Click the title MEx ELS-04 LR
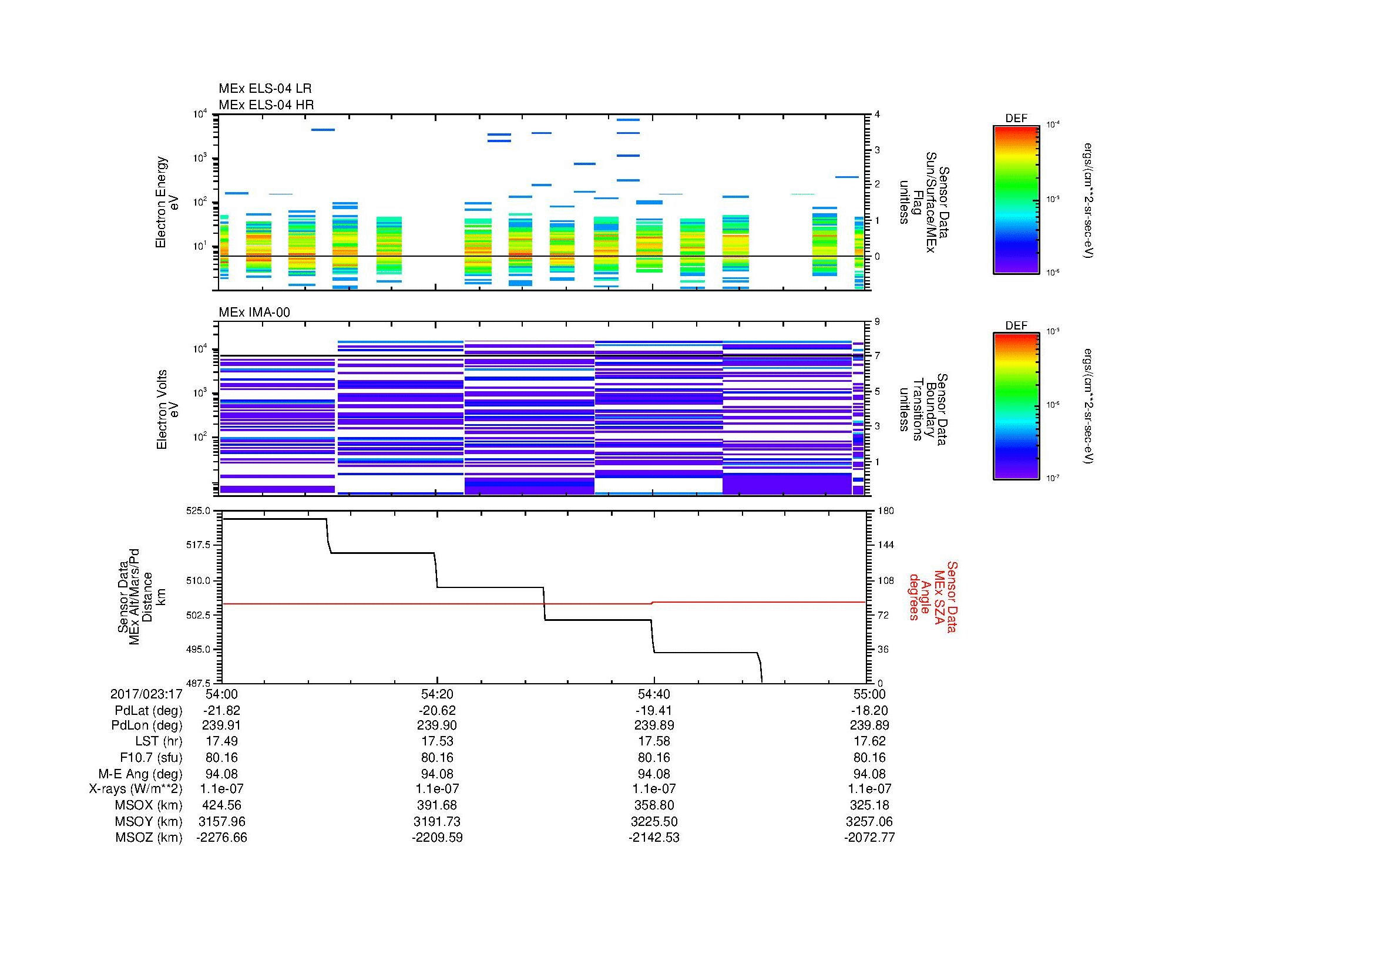264,89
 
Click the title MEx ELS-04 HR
266,105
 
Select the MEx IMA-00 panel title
254,313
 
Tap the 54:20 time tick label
437,694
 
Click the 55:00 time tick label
869,694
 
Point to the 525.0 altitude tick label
199,511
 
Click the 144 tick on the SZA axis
885,545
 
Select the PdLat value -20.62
437,710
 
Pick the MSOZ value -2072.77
869,838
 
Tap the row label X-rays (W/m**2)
135,789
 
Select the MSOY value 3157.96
221,821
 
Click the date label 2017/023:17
146,694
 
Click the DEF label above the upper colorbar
1016,119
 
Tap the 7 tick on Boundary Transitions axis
877,356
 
